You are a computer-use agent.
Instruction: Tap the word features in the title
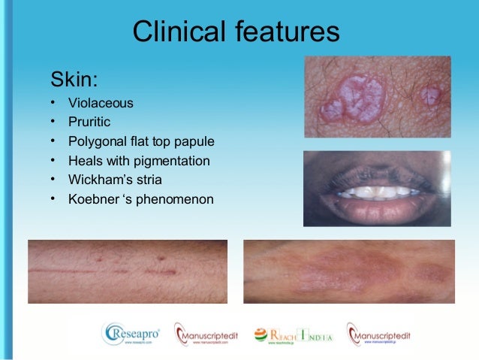(288, 33)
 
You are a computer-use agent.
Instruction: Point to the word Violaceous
(101, 102)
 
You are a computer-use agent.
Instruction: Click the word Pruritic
(90, 122)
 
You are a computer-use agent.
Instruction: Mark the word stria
(147, 180)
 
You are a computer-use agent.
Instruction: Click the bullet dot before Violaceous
(53, 102)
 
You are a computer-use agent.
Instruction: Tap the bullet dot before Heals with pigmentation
(53, 161)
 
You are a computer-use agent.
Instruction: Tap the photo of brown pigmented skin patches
(348, 271)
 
